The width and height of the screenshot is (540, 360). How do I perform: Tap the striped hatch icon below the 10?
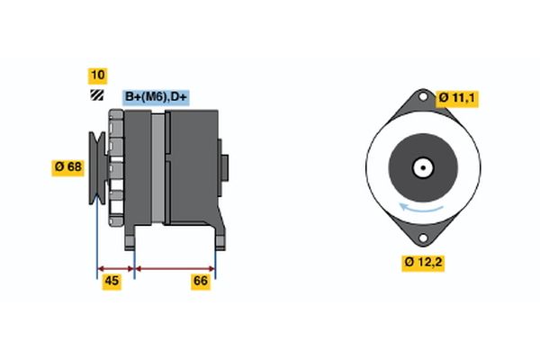[96, 95]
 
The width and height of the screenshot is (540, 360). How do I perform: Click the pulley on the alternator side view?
[96, 167]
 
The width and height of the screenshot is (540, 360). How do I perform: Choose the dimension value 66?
[202, 282]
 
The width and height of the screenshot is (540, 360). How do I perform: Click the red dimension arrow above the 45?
[115, 267]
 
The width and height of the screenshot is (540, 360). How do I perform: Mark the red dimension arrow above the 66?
[175, 267]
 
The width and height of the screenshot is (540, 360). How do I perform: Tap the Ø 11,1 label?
[457, 98]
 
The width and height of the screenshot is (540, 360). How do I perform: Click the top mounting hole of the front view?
[421, 98]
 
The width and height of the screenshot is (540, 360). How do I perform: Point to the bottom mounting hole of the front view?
[421, 237]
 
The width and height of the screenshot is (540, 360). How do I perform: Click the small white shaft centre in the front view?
[421, 167]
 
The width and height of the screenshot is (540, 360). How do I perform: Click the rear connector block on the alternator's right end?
[224, 167]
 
